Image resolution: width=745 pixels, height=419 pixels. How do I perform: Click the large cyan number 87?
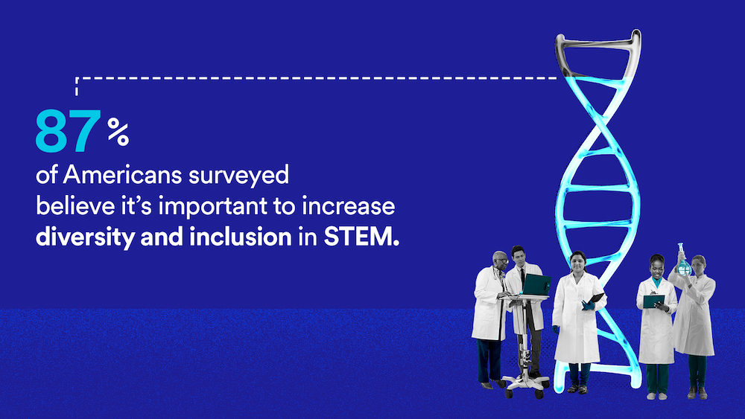point(68,131)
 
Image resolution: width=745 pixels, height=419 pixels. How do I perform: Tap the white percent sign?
point(118,132)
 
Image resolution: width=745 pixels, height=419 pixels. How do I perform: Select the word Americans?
point(122,175)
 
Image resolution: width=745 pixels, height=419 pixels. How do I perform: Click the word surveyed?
point(238,176)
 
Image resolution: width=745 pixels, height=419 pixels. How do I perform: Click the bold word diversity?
point(85,237)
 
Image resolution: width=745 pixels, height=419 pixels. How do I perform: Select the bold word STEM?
point(361,237)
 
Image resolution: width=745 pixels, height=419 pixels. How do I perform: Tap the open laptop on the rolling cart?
point(535,285)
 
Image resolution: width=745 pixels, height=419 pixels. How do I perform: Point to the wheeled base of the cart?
point(525,386)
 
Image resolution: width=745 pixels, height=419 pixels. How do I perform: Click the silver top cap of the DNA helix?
point(598,53)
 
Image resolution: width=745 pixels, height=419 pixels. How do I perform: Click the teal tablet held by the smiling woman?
point(654,301)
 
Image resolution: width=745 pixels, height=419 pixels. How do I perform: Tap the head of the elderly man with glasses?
point(500,260)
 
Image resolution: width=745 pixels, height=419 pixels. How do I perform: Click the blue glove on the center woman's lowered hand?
point(556,329)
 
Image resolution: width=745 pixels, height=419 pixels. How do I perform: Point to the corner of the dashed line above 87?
point(77,78)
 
